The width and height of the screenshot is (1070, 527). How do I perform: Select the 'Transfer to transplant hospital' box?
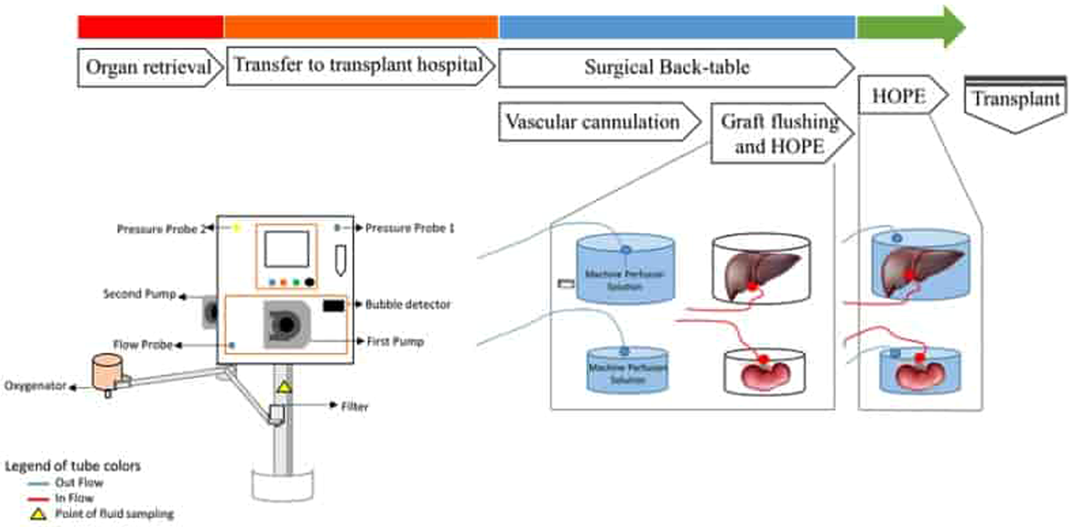(x=358, y=66)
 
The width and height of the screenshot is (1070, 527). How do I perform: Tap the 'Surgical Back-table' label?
(x=667, y=68)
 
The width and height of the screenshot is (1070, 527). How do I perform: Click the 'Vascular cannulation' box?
(x=593, y=122)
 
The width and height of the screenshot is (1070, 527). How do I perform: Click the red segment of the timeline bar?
(x=150, y=27)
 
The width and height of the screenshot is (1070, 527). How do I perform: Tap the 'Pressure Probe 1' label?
(x=409, y=228)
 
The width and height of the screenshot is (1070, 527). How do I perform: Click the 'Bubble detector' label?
(x=407, y=304)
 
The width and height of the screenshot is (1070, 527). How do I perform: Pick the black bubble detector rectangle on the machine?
(x=334, y=305)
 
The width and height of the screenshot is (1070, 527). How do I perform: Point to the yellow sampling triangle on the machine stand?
(x=284, y=388)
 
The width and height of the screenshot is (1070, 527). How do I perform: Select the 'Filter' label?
(x=354, y=407)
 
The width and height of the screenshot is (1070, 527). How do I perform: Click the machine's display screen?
(x=286, y=249)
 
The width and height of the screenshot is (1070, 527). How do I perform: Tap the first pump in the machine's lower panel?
(x=287, y=325)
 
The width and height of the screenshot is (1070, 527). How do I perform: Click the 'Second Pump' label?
(x=139, y=294)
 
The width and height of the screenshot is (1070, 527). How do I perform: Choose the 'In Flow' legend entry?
(x=74, y=498)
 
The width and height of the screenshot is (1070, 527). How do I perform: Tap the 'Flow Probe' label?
(x=142, y=345)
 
